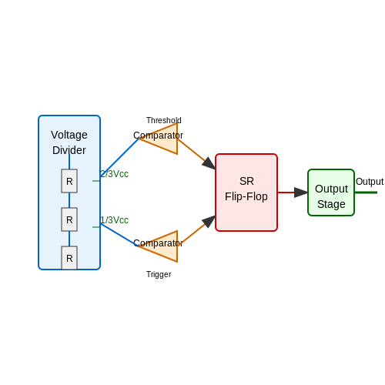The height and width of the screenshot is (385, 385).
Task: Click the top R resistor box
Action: coord(69,181)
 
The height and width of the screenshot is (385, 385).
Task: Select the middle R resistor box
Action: coord(69,219)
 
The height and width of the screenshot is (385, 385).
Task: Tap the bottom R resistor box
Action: coord(69,258)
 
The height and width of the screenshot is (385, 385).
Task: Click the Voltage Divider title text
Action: coord(69,142)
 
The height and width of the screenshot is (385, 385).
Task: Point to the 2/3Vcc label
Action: coord(114,174)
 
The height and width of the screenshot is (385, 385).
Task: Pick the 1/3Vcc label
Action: coord(114,220)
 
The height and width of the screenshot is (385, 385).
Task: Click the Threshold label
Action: coord(164,120)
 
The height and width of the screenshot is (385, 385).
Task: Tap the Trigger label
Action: coord(159,274)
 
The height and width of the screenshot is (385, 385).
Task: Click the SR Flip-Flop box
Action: coord(246,192)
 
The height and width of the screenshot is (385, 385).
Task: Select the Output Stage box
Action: coord(331,192)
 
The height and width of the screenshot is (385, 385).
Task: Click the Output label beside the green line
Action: coord(370,182)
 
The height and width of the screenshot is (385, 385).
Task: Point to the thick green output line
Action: coord(366,192)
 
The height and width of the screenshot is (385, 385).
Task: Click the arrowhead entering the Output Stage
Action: coord(301,192)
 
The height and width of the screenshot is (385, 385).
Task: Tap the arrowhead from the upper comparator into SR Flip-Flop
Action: coord(209,163)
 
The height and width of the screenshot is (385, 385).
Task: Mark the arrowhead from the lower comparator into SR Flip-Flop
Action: coord(209,222)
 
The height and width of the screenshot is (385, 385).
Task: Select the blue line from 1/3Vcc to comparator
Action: coord(119,235)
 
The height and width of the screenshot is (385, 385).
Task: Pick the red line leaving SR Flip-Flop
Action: coord(286,192)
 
